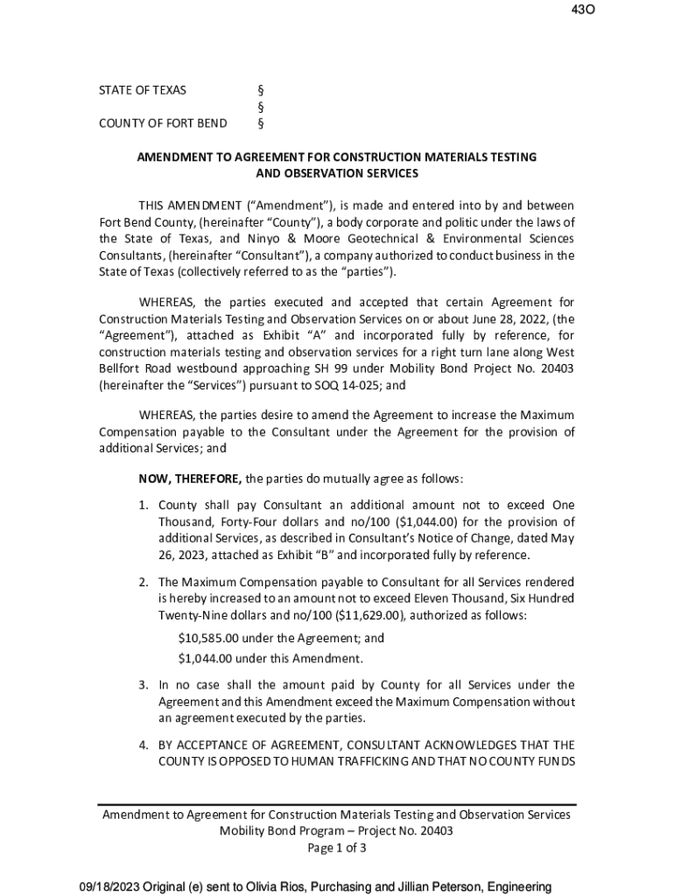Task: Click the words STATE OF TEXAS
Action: click(142, 90)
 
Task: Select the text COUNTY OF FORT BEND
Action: click(163, 122)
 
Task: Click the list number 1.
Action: click(144, 505)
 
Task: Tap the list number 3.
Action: click(144, 685)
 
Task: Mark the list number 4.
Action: click(144, 745)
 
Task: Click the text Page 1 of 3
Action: click(336, 848)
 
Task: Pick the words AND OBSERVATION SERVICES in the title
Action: click(336, 173)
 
